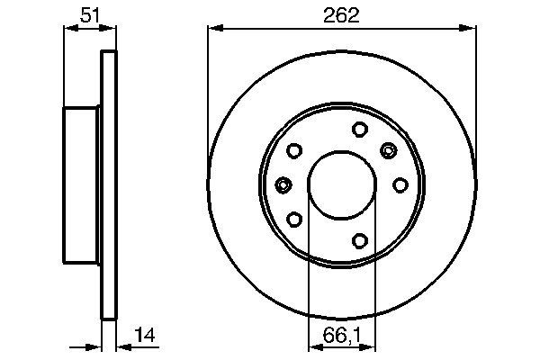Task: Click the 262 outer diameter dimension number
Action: tap(342, 15)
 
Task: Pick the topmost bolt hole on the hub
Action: tap(358, 128)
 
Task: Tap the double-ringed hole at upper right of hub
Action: tap(389, 149)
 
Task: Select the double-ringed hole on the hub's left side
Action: tap(283, 184)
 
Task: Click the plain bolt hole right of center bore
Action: tap(400, 184)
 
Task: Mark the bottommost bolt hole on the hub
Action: tap(358, 240)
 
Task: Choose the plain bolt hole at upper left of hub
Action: tap(294, 150)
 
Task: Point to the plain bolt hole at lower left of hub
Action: tap(294, 219)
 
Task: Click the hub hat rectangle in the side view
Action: tap(81, 184)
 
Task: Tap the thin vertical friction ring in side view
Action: tap(109, 184)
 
